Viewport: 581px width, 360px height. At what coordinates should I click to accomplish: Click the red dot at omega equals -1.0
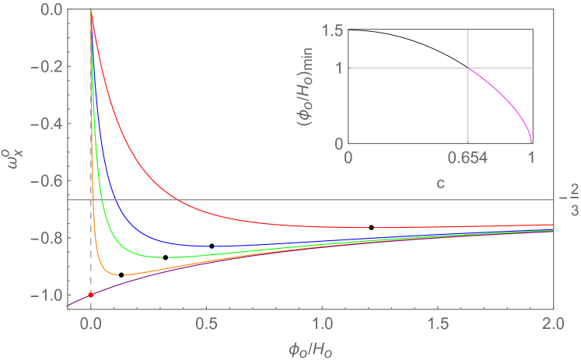(x=91, y=295)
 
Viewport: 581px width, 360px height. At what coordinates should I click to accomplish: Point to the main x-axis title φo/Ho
(x=310, y=347)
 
